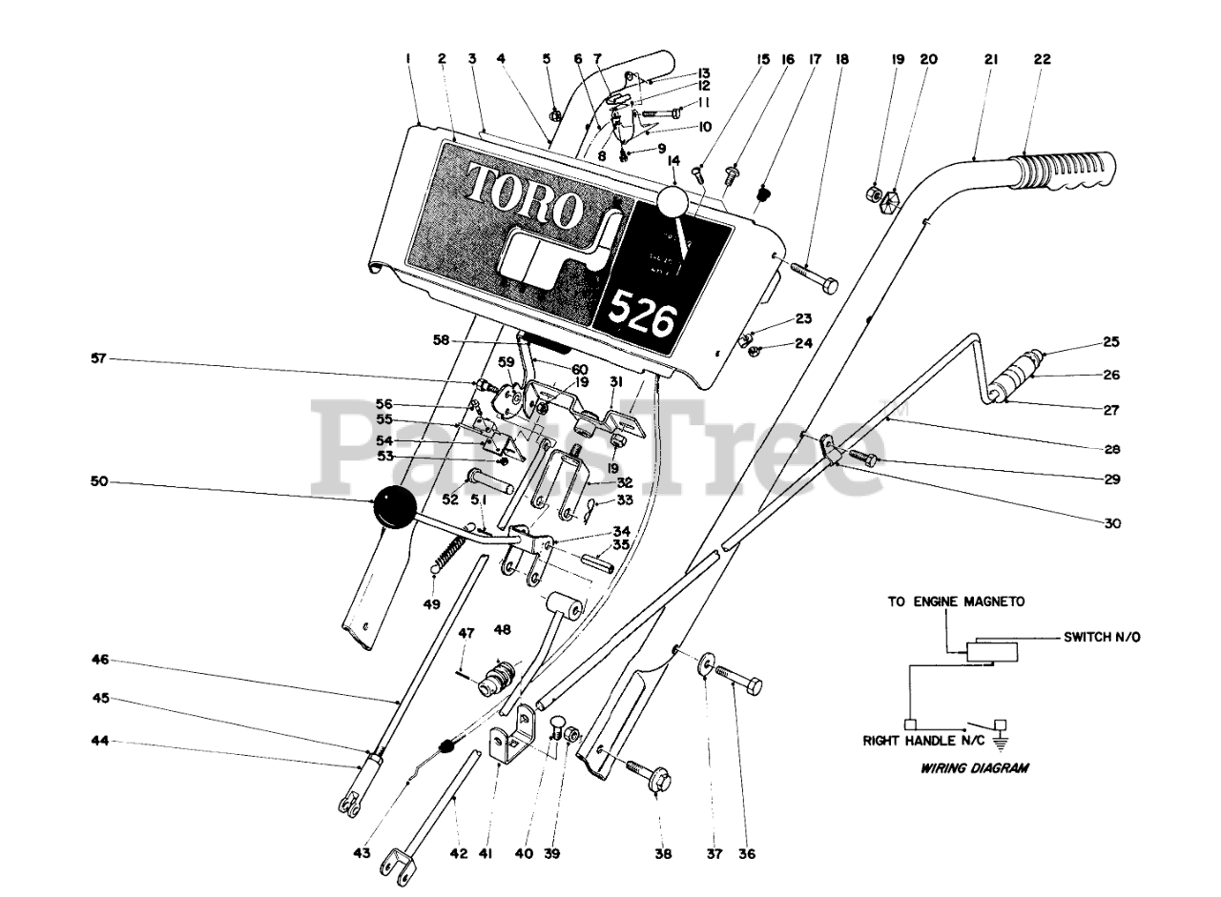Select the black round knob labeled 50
click(x=393, y=506)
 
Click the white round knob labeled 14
click(x=673, y=202)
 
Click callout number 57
click(x=95, y=359)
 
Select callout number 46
click(x=100, y=659)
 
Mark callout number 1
click(x=407, y=59)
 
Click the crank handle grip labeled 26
click(x=1018, y=376)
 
